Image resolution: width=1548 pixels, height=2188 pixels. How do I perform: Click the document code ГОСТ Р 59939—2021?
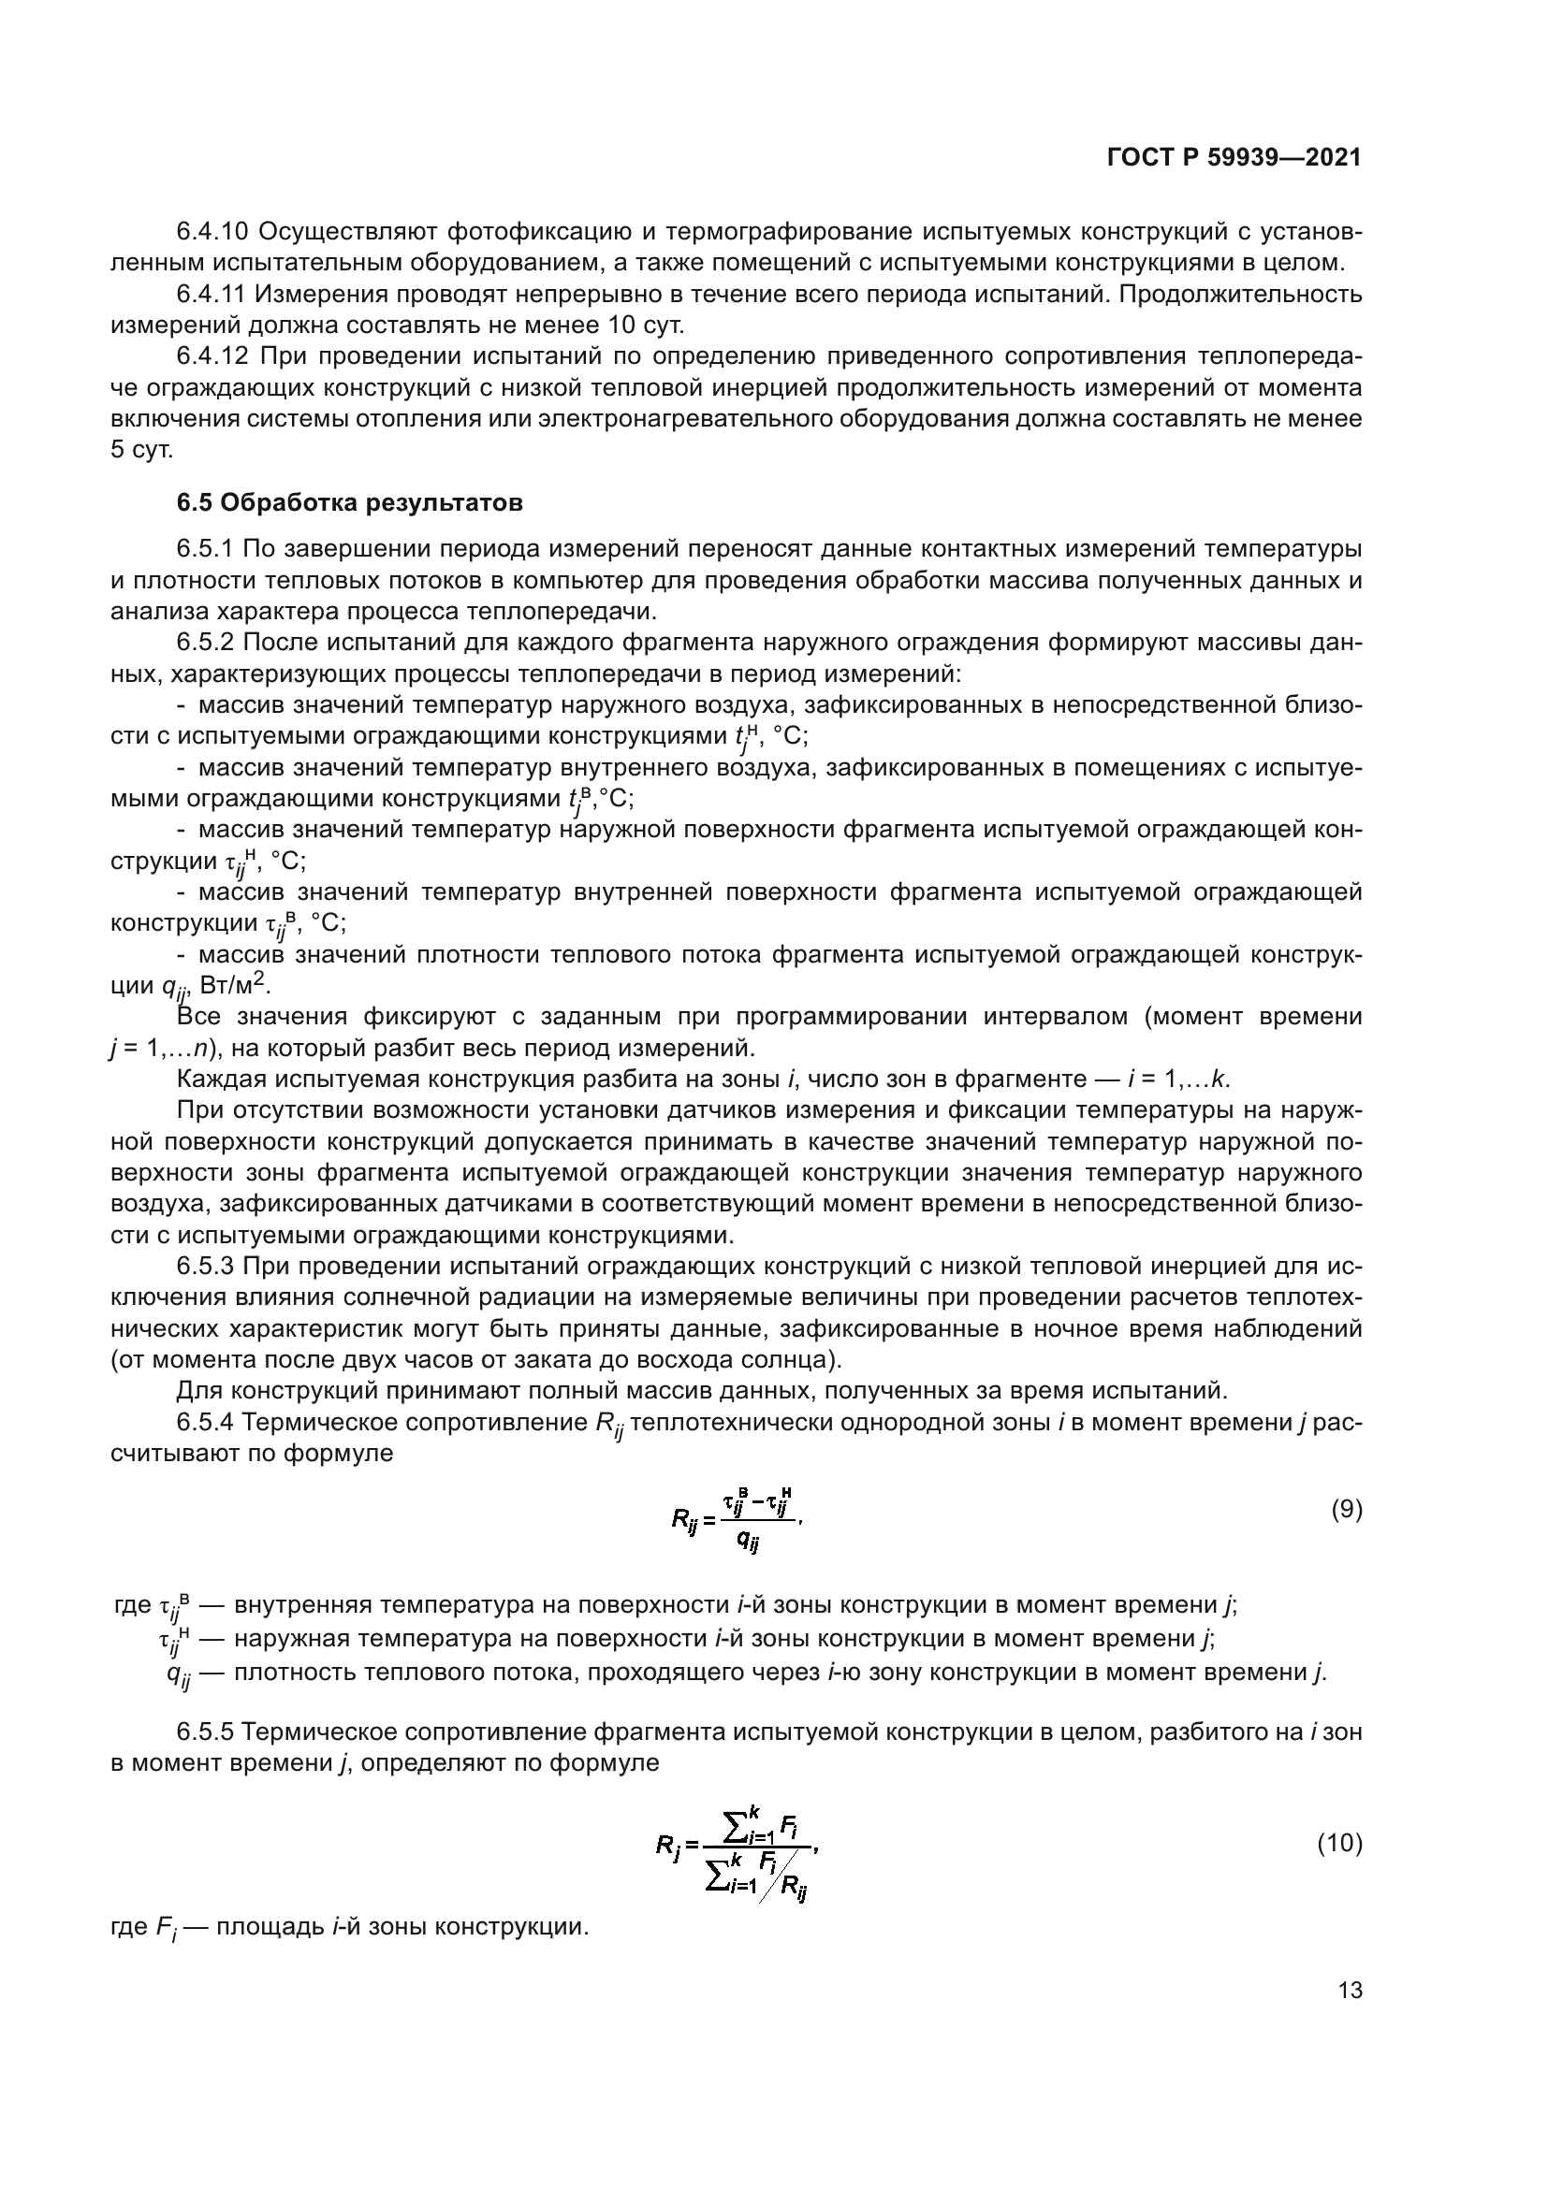[x=1234, y=158]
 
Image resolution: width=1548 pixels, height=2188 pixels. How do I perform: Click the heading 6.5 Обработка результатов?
[x=350, y=502]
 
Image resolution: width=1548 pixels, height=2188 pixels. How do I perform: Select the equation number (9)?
[x=1346, y=1510]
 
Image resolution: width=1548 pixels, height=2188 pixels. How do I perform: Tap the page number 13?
[x=1350, y=1990]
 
